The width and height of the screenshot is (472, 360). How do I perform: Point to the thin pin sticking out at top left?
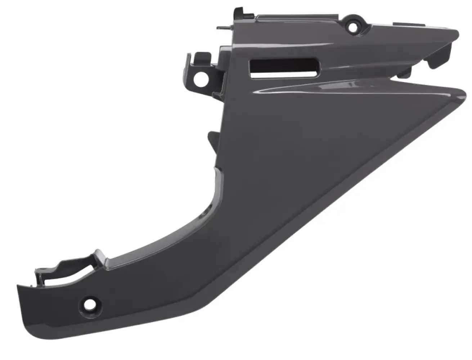(222, 26)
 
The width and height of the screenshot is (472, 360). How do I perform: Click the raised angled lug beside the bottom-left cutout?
(99, 257)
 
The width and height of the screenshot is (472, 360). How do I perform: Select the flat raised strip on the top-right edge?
(403, 24)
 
